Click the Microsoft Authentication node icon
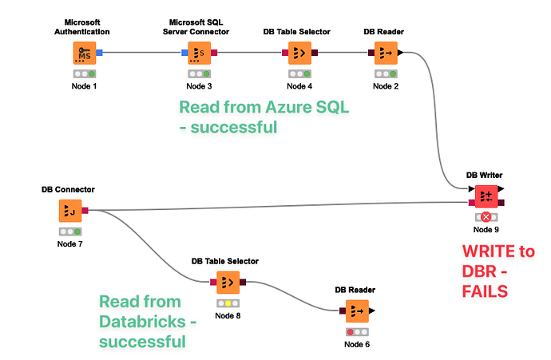(x=83, y=53)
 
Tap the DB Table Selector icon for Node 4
(x=296, y=53)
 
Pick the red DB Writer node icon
(x=485, y=196)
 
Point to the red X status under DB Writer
(x=485, y=217)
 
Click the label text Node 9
(x=485, y=230)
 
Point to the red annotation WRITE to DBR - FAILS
(x=498, y=271)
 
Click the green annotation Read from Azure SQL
(x=264, y=117)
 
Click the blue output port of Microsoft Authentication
(x=100, y=53)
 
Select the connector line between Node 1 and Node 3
(x=142, y=53)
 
